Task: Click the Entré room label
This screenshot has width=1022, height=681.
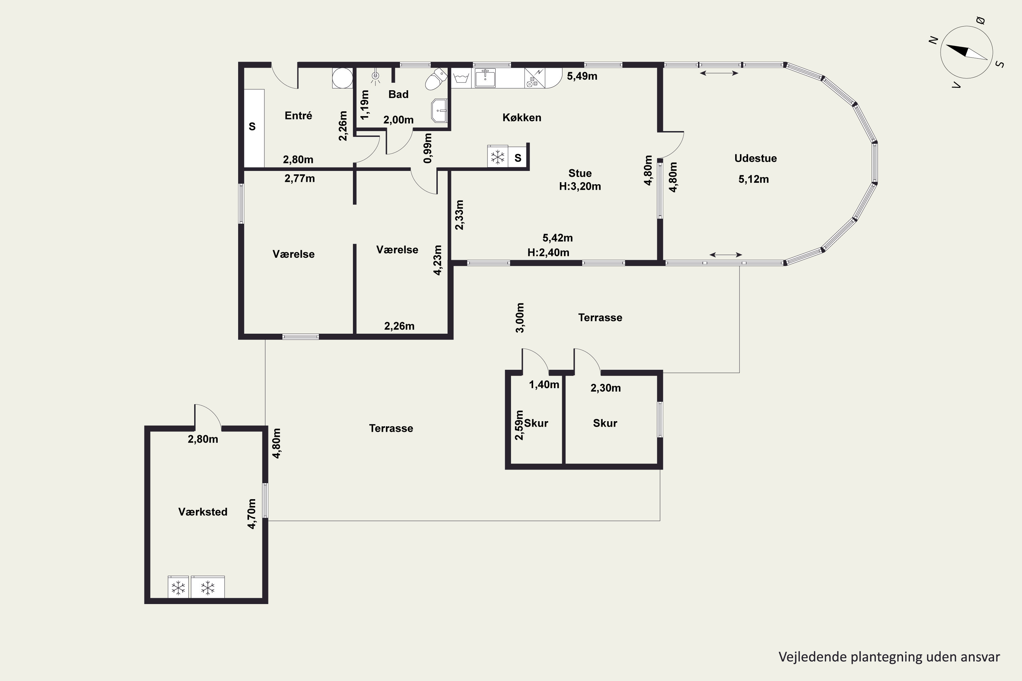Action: [298, 115]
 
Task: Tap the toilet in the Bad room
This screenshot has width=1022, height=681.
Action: [436, 79]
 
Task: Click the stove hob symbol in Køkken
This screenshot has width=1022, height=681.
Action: [535, 78]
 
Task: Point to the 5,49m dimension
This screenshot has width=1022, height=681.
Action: [582, 76]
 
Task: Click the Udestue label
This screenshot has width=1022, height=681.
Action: [755, 158]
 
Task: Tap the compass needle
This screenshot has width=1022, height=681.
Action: [966, 52]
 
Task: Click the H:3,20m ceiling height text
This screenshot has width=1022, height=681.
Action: [580, 186]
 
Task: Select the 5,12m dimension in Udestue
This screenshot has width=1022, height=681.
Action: [754, 179]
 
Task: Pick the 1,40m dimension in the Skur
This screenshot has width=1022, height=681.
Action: [544, 384]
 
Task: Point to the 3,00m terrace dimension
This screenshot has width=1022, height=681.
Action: [520, 317]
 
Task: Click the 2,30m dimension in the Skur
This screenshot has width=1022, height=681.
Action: [605, 388]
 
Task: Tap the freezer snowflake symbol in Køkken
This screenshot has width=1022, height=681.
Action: [497, 156]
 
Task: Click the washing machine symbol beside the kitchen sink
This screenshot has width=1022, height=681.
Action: [461, 78]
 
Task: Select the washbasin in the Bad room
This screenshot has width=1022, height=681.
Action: [439, 111]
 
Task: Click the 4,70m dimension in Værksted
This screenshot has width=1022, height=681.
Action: [252, 513]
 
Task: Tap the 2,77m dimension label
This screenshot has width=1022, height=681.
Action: [299, 178]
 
